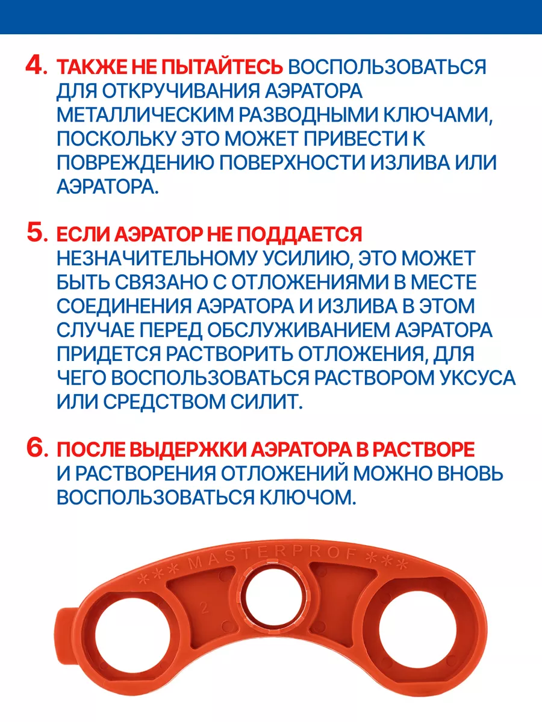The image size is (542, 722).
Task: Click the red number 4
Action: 36,66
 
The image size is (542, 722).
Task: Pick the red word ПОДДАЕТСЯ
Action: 299,235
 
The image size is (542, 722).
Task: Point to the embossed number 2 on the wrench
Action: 204,608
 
